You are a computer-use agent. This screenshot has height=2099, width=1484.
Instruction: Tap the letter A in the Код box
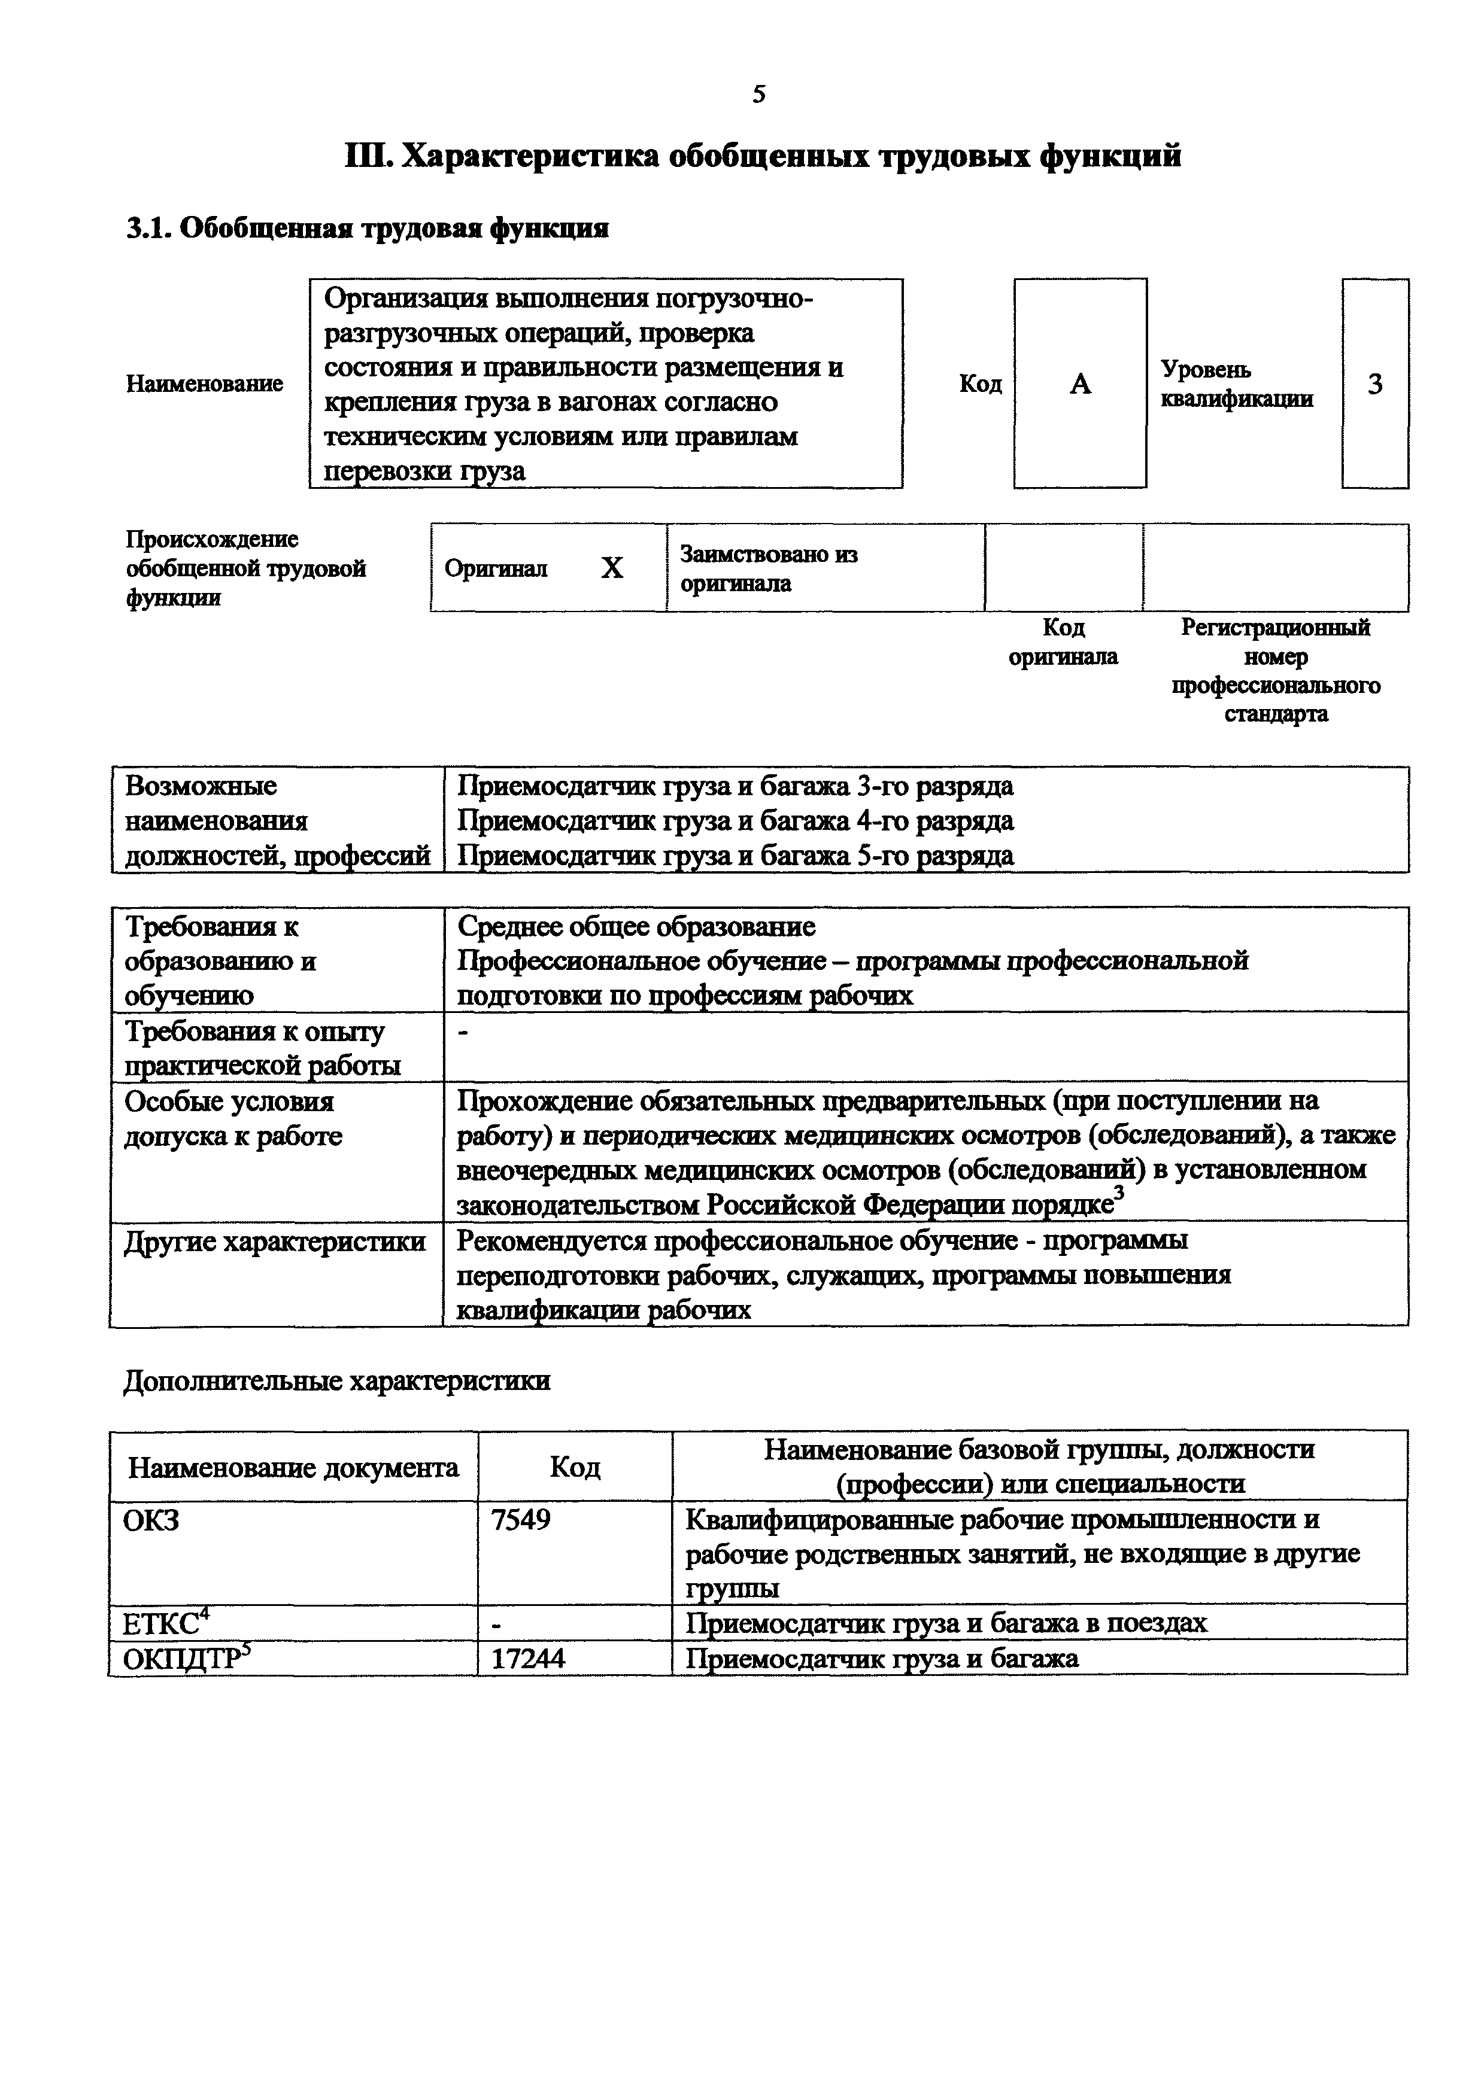pos(1080,385)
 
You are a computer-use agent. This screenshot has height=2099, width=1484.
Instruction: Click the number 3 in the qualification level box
pos(1374,385)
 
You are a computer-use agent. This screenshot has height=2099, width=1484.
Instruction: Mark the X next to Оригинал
pos(612,568)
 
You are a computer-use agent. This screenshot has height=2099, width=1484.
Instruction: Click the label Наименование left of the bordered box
pos(204,384)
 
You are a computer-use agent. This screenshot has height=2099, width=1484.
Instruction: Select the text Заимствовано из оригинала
pos(768,568)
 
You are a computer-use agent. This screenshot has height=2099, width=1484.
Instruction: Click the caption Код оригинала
pos(1063,643)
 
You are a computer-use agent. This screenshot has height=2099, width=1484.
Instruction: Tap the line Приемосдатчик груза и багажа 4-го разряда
pos(735,821)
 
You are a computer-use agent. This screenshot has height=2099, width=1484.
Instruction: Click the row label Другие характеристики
pos(274,1242)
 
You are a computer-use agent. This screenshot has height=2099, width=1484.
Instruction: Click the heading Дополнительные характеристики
pos(336,1380)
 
